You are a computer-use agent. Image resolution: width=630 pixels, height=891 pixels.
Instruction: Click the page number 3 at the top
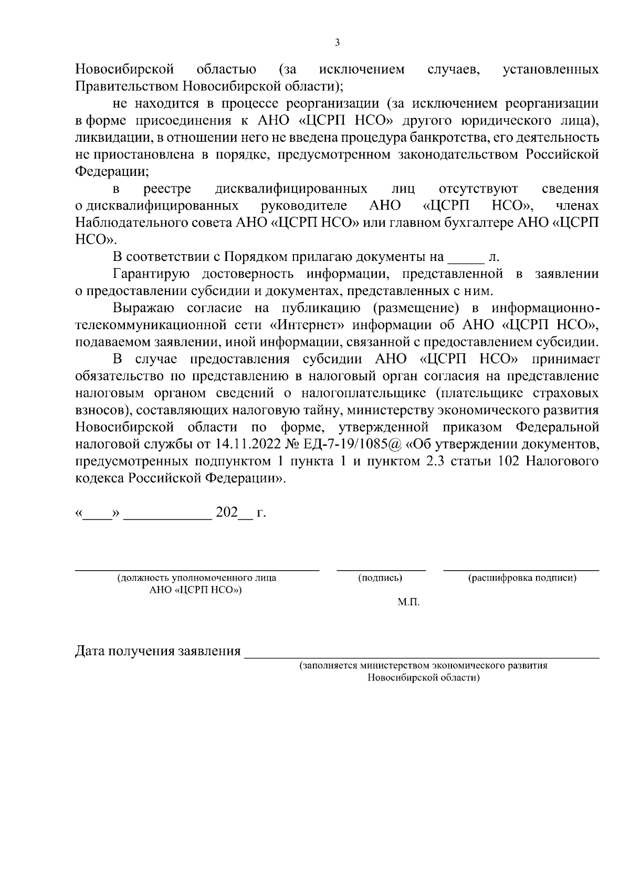click(337, 43)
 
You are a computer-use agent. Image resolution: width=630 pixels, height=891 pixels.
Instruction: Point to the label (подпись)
click(381, 578)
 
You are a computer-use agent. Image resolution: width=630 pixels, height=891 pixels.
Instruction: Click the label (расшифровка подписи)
click(522, 578)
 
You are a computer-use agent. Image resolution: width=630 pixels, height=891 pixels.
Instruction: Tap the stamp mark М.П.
click(408, 603)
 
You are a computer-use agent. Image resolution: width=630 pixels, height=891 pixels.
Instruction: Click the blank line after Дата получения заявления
click(423, 657)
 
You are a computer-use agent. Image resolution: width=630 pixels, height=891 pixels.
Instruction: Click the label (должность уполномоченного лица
click(197, 578)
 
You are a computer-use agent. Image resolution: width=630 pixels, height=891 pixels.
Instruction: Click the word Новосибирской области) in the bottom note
click(423, 678)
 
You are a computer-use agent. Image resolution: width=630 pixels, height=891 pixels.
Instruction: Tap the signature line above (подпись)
click(381, 569)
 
